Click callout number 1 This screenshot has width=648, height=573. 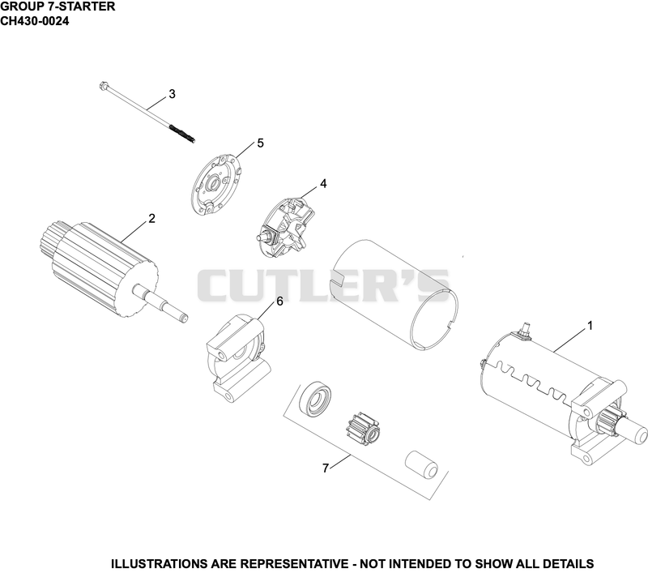click(590, 326)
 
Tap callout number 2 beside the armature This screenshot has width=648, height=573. click(151, 218)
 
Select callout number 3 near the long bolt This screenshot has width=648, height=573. click(172, 94)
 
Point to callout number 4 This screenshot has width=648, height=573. click(323, 183)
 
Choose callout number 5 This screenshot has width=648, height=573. click(260, 143)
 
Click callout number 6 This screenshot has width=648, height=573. click(279, 301)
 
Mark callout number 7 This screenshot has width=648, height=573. click(326, 468)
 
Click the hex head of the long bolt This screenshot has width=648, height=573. click(104, 86)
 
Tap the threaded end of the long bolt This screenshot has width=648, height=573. click(181, 134)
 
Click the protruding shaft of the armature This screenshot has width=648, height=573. click(160, 302)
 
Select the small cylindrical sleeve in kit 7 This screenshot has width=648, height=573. click(421, 464)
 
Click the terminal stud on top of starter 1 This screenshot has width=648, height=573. click(526, 330)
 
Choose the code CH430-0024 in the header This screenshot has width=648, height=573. click(34, 21)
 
